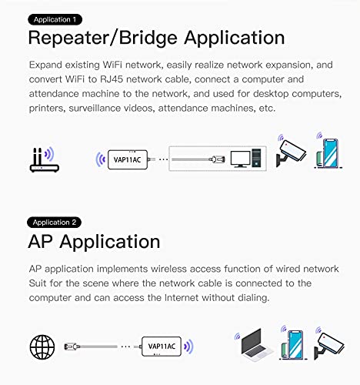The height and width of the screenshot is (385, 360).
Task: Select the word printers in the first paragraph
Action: point(53,109)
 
